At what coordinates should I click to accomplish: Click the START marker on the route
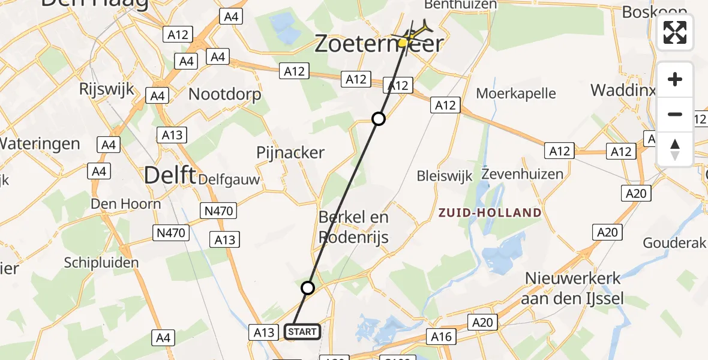coord(302,332)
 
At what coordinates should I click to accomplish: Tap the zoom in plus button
coord(675,80)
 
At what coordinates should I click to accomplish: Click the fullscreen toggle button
coord(675,32)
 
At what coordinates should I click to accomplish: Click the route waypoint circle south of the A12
coord(378,119)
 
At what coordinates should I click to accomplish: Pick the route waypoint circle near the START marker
coord(308,288)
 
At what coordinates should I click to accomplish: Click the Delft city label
coord(170,176)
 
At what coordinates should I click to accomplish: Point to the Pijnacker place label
coord(290,152)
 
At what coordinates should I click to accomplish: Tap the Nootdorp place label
coord(225,94)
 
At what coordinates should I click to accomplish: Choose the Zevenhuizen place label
coord(523,174)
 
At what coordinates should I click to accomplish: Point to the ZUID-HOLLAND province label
coord(490,212)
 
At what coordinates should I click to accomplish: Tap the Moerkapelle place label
coord(516,94)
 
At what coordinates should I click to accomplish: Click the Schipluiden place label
coord(101,262)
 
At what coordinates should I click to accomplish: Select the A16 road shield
coord(442,337)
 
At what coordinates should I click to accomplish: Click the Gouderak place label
coord(675,243)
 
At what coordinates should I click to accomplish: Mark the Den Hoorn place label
coord(126,204)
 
